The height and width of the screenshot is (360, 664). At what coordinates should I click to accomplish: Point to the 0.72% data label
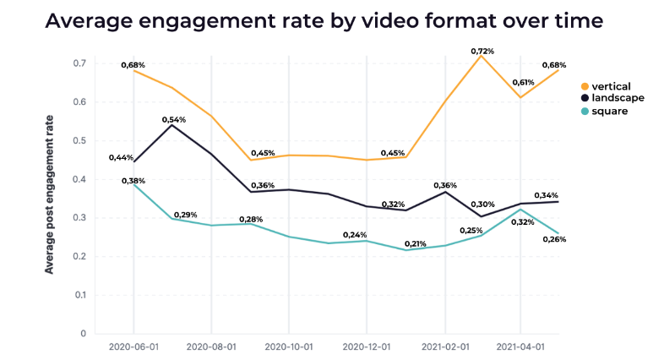click(x=482, y=51)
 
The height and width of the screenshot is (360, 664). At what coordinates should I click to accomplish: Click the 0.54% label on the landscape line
click(x=172, y=120)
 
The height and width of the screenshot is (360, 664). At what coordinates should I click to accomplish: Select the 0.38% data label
click(x=133, y=181)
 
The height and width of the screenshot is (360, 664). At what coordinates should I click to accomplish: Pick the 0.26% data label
click(x=553, y=239)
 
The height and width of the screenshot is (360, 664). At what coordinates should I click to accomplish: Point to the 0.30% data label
click(x=482, y=205)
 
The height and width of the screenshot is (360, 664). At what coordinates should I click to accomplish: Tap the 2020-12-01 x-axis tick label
click(x=366, y=346)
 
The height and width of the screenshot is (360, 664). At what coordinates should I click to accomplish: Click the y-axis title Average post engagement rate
click(x=49, y=194)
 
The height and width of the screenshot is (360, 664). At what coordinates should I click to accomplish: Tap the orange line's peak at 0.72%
click(x=482, y=56)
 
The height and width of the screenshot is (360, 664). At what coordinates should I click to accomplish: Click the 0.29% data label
click(x=185, y=215)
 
